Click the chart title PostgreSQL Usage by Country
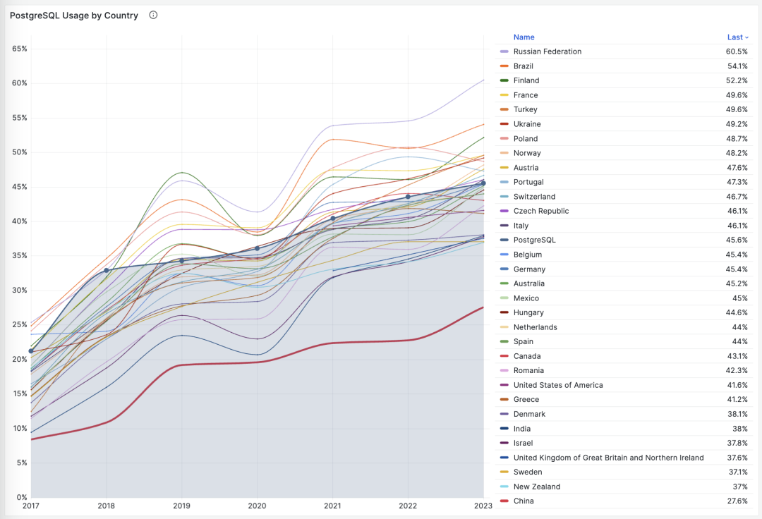click(x=74, y=16)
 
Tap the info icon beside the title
click(x=153, y=15)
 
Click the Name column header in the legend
click(x=524, y=37)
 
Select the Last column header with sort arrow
click(x=737, y=37)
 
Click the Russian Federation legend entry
click(x=548, y=51)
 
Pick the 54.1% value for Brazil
click(x=737, y=66)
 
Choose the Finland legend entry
click(x=526, y=80)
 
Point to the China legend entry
click(x=524, y=501)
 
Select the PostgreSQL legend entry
click(x=534, y=240)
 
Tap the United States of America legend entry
click(x=558, y=385)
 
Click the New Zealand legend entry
click(x=537, y=487)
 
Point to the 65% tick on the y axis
click(x=20, y=49)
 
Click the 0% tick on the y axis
click(x=22, y=497)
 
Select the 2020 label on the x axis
click(x=257, y=506)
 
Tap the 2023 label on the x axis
click(x=484, y=506)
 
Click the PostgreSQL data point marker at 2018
click(x=107, y=270)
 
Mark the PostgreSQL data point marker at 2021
click(x=333, y=219)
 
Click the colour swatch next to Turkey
click(x=504, y=109)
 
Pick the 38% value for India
click(x=739, y=429)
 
